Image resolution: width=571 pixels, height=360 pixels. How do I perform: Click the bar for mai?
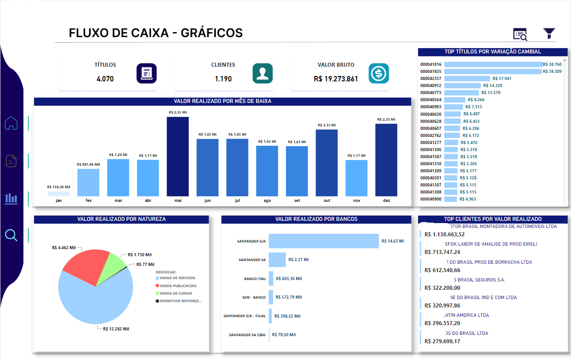[x=178, y=156]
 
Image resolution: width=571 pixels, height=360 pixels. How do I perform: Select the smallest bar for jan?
[x=58, y=193]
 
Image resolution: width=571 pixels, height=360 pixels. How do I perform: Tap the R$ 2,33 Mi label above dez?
[x=386, y=120]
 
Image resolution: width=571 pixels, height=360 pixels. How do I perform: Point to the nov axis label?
[x=356, y=201]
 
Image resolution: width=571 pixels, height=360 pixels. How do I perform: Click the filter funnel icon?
[x=549, y=34]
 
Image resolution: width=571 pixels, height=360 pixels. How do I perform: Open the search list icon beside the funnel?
[x=520, y=34]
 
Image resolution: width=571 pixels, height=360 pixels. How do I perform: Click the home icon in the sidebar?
[x=11, y=123]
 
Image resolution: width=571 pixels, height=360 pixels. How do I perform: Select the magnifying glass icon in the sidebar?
[x=11, y=235]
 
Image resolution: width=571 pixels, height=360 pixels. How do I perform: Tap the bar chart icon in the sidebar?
[x=11, y=199]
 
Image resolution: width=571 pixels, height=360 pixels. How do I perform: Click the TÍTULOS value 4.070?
[x=105, y=79]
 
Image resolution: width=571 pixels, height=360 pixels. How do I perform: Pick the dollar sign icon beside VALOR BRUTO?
[x=379, y=73]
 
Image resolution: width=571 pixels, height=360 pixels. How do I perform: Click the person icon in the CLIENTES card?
[x=263, y=73]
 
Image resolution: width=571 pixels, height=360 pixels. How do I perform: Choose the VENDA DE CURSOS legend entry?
[x=175, y=293]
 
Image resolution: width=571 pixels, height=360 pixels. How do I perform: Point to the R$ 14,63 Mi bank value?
[x=393, y=241]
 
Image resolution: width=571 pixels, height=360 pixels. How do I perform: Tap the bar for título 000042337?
[x=467, y=79]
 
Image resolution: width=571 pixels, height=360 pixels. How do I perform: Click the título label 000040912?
[x=431, y=86]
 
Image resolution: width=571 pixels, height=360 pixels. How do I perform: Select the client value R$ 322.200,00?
[x=442, y=288]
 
